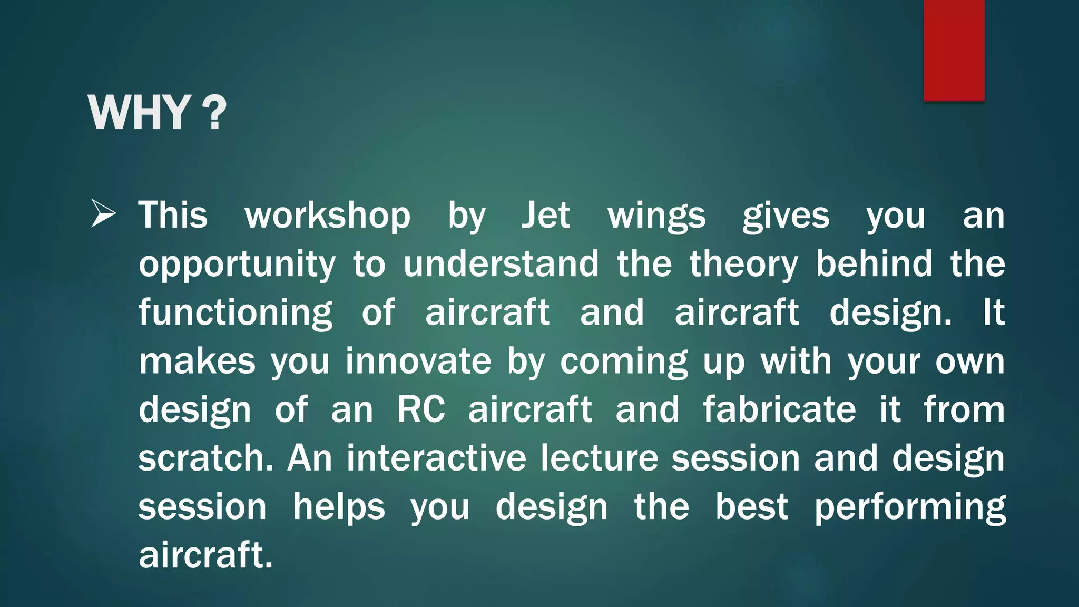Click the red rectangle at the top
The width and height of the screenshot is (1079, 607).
(x=954, y=50)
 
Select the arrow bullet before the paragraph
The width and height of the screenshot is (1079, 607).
(x=103, y=213)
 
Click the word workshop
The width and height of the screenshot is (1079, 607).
(x=327, y=216)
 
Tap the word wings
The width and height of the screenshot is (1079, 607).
(x=656, y=216)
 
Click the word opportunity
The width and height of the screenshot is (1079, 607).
(x=237, y=265)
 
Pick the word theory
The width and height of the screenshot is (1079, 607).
(x=744, y=265)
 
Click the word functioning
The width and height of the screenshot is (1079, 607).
(x=236, y=313)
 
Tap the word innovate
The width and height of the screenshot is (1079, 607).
(x=418, y=361)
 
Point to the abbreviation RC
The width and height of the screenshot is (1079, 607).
(x=420, y=409)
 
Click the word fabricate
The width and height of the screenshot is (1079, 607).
(x=779, y=409)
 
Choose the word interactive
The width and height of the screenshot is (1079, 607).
(x=436, y=458)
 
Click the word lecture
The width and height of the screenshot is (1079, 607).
(x=599, y=458)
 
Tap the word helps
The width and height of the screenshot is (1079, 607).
(x=339, y=507)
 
